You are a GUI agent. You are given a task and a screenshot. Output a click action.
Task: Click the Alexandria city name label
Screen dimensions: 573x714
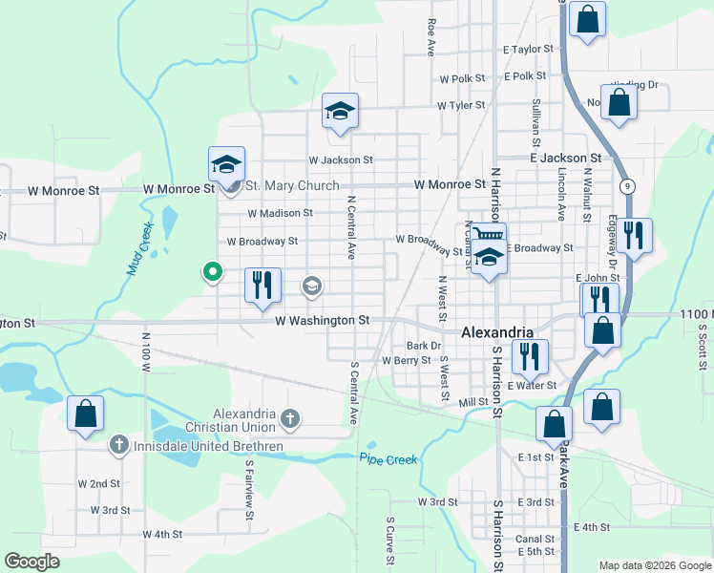pyautogui.click(x=496, y=332)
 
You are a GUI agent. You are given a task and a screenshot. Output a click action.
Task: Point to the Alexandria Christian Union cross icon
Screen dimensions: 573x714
pyautogui.click(x=290, y=418)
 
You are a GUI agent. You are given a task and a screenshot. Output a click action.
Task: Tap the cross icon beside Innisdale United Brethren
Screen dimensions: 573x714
pyautogui.click(x=118, y=445)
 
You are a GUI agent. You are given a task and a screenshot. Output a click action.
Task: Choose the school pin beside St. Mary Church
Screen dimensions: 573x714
pyautogui.click(x=227, y=164)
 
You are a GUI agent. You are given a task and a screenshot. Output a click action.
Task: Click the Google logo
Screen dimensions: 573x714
pyautogui.click(x=31, y=562)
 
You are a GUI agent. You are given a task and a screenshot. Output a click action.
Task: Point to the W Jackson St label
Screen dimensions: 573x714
pyautogui.click(x=340, y=160)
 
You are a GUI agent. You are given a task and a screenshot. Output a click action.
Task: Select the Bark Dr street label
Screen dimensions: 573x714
pyautogui.click(x=424, y=346)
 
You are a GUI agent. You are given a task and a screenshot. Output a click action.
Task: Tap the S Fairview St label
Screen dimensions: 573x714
pyautogui.click(x=248, y=502)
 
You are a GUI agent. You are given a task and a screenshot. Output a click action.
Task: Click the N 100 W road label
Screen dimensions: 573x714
pyautogui.click(x=146, y=351)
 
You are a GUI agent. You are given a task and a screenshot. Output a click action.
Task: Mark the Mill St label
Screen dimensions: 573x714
pyautogui.click(x=473, y=403)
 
